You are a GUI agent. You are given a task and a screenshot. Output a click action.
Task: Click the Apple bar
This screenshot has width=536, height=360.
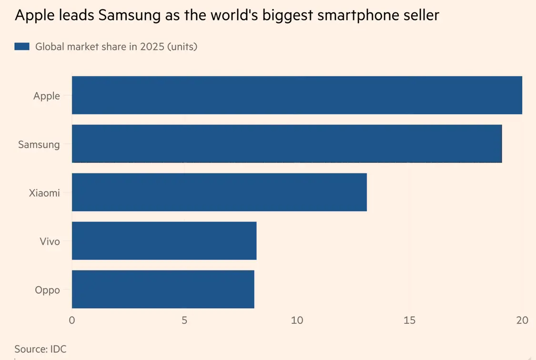pos(297,95)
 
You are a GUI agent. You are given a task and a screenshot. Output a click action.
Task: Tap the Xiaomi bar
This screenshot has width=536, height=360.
pos(219,192)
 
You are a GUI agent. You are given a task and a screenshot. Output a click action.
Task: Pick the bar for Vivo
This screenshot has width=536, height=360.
pos(164,240)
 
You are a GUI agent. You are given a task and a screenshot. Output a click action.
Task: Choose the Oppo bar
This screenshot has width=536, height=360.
pos(163,289)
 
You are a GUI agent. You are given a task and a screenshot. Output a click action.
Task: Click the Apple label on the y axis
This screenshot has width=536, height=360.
pos(47,96)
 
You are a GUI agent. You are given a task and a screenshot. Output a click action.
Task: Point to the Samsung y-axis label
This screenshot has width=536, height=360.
pos(39,144)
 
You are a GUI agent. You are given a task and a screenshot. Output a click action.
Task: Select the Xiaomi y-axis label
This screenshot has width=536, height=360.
pos(44,193)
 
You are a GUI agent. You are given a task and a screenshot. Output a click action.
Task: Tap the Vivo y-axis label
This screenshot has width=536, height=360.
pos(50,241)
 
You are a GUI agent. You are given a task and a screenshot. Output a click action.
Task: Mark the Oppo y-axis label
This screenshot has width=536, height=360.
pos(48,290)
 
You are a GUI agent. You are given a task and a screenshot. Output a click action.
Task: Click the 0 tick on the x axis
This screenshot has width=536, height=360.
pos(72,320)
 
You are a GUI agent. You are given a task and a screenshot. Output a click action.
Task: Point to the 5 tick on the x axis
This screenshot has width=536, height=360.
pos(184,320)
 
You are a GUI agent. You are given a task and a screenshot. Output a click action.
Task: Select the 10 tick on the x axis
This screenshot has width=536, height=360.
pos(297,320)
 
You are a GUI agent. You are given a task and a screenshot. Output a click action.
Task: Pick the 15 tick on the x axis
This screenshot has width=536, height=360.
pos(409,320)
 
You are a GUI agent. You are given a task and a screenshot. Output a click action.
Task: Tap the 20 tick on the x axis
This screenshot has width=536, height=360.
pos(522,320)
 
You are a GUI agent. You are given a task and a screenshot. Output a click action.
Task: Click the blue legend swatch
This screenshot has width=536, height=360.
pos(22,46)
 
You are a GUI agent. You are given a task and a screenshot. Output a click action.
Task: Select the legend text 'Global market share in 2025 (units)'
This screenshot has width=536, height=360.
pos(116,47)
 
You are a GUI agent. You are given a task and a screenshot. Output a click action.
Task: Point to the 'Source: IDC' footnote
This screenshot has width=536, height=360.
pos(40,349)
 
